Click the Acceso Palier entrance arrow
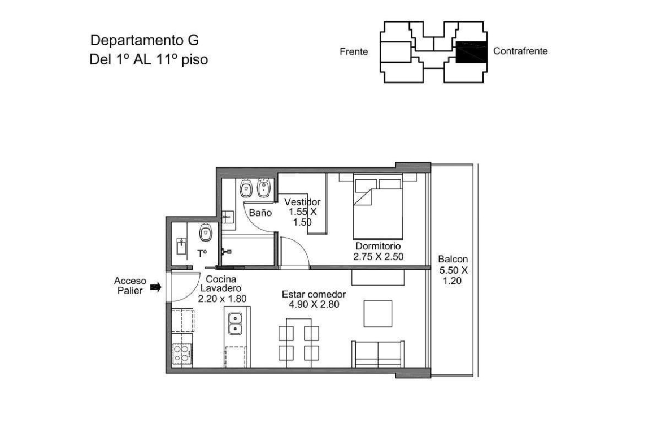pyautogui.click(x=156, y=287)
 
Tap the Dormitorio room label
pyautogui.click(x=378, y=246)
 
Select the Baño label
pyautogui.click(x=260, y=213)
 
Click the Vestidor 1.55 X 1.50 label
pyautogui.click(x=302, y=212)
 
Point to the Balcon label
pyautogui.click(x=453, y=260)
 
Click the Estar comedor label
pyautogui.click(x=314, y=294)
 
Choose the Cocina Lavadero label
pyautogui.click(x=221, y=283)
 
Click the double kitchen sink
pyautogui.click(x=235, y=324)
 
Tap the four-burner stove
pyautogui.click(x=182, y=354)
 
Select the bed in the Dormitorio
pyautogui.click(x=378, y=207)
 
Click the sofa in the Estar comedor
pyautogui.click(x=378, y=354)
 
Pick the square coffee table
pyautogui.click(x=378, y=313)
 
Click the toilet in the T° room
pyautogui.click(x=206, y=232)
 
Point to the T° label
pyautogui.click(x=202, y=253)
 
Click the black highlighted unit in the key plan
pyautogui.click(x=471, y=52)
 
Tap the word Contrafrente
pyautogui.click(x=520, y=51)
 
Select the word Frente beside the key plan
pyautogui.click(x=354, y=52)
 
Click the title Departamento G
pyautogui.click(x=144, y=40)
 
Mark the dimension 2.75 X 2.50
pyautogui.click(x=378, y=257)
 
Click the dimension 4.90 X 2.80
pyautogui.click(x=314, y=304)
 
